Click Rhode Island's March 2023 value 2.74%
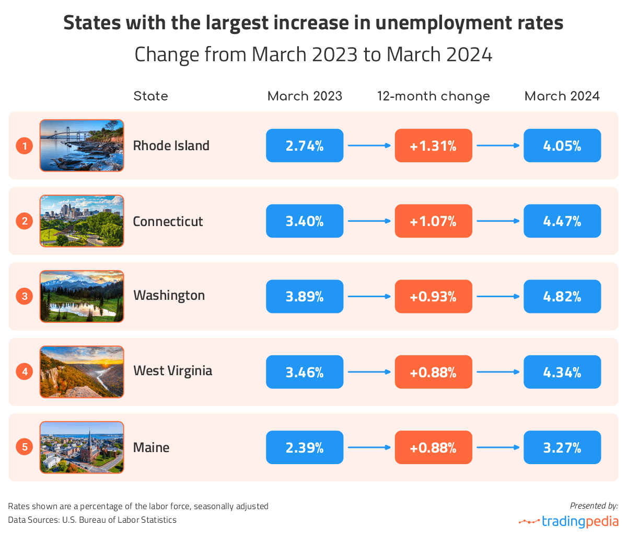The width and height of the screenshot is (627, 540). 305,145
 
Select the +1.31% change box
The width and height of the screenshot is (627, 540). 433,145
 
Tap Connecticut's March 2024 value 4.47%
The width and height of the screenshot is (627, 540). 562,221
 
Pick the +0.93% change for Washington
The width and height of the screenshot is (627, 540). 433,297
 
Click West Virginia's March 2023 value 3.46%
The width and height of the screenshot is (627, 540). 305,372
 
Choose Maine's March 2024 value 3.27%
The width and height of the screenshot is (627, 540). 562,447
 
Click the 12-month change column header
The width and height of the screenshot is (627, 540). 433,96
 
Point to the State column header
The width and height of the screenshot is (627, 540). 150,96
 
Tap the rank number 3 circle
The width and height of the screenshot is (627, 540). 25,297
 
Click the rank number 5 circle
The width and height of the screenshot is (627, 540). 25,447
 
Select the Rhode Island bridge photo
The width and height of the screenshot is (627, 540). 82,145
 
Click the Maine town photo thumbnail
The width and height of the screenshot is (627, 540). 82,447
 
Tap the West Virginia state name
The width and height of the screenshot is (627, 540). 172,371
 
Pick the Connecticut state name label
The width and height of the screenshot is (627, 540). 168,221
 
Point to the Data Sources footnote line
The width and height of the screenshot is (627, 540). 92,520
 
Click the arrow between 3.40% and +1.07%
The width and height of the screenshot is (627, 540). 369,221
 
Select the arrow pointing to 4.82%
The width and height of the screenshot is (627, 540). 498,297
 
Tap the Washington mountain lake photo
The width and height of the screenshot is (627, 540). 82,297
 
